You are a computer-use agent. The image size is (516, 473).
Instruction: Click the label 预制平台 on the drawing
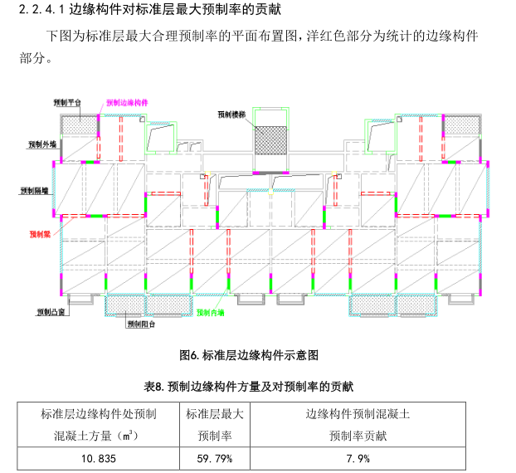pyautogui.click(x=67, y=102)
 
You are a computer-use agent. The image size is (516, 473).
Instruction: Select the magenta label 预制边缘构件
pyautogui.click(x=127, y=103)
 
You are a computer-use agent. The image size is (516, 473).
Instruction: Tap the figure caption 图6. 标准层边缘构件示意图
pyautogui.click(x=249, y=355)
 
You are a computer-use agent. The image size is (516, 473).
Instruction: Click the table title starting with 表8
pyautogui.click(x=249, y=386)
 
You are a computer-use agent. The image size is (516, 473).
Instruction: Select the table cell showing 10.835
pyautogui.click(x=98, y=458)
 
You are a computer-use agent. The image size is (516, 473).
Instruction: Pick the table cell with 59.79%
pyautogui.click(x=214, y=458)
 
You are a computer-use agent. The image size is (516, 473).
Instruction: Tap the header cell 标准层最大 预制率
pyautogui.click(x=214, y=423)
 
